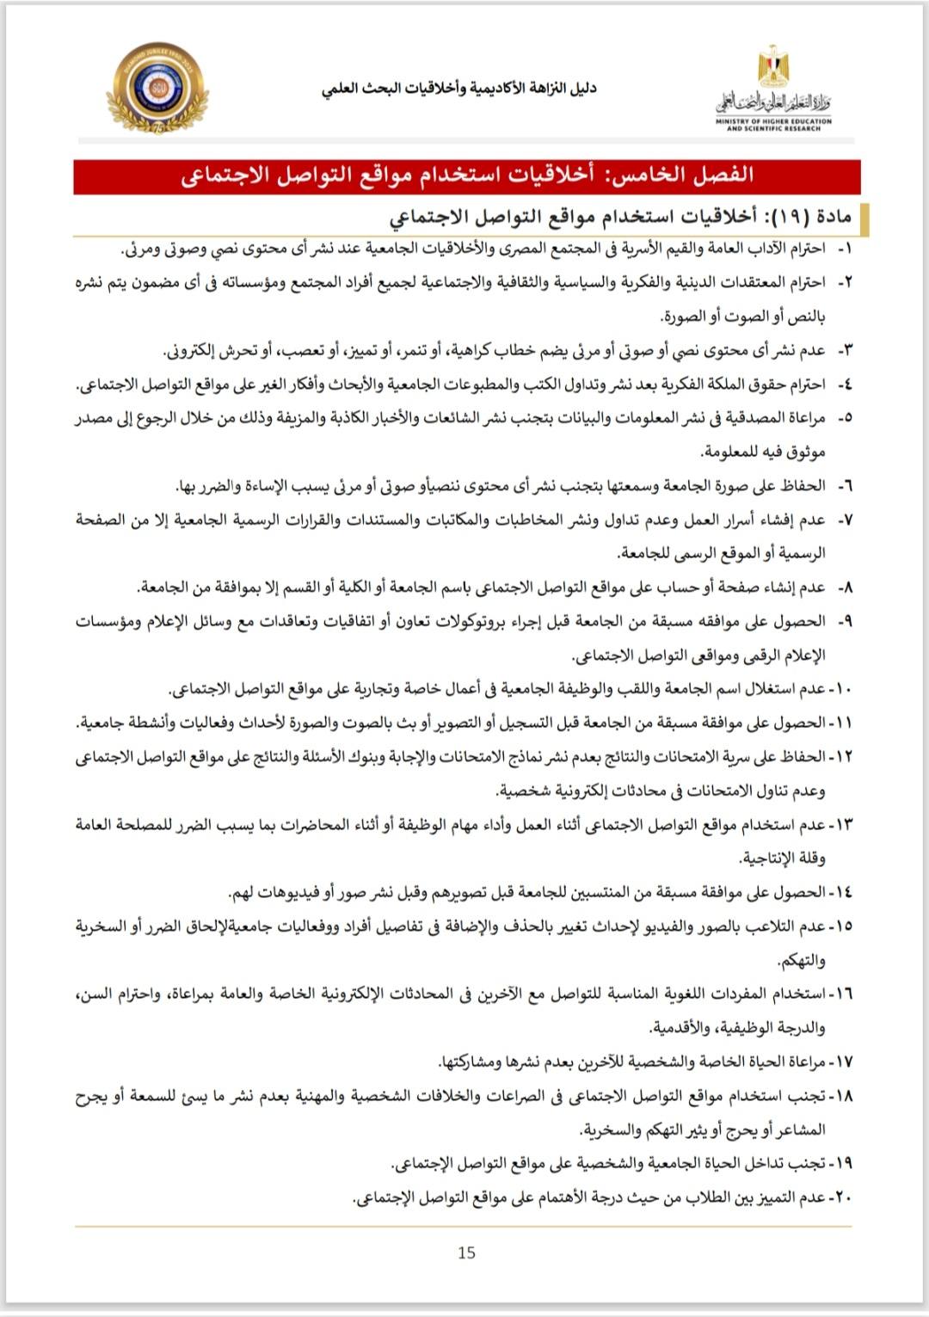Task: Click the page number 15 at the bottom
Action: (466, 1252)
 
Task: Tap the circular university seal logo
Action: (157, 89)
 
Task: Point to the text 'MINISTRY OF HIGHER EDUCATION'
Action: (773, 121)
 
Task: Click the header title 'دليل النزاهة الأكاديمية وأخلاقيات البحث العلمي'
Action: (458, 89)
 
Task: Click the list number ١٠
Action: (841, 689)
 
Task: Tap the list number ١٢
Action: (841, 757)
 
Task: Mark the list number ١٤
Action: (841, 892)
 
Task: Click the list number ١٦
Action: (841, 994)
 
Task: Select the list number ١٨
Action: (841, 1096)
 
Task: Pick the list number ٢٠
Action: (841, 1197)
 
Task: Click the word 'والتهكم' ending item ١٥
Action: (801, 960)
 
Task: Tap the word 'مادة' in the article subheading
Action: (832, 215)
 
